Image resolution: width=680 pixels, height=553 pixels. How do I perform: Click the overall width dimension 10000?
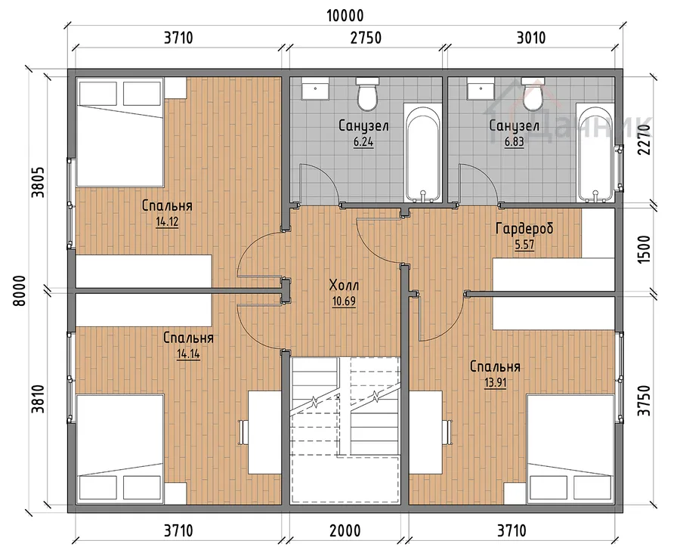[345, 16]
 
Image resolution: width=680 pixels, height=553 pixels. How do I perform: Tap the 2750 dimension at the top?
[366, 39]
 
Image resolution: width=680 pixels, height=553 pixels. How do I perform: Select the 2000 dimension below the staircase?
[345, 530]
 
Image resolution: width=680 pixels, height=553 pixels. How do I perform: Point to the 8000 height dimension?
[20, 291]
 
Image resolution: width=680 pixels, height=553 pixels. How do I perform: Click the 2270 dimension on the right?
[644, 139]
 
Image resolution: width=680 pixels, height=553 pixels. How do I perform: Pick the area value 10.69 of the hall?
[345, 301]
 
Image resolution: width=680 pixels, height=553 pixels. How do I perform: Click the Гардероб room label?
[524, 229]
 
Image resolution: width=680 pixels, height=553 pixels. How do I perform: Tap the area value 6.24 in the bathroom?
[363, 142]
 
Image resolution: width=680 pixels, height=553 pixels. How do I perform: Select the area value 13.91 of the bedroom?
[495, 382]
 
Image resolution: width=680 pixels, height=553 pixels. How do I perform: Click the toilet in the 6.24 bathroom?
[368, 93]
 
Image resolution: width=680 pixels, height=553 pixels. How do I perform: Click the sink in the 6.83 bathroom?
[481, 88]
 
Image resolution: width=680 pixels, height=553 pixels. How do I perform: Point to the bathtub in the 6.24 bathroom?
[424, 153]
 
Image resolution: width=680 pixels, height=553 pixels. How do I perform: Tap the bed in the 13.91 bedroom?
[571, 450]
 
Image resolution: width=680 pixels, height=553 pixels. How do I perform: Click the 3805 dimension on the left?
[39, 182]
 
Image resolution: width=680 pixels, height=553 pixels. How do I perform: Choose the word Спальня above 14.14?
[188, 338]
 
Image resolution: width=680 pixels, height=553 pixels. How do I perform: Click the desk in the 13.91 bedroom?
[426, 432]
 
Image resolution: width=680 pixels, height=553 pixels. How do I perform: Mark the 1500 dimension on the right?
[644, 249]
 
